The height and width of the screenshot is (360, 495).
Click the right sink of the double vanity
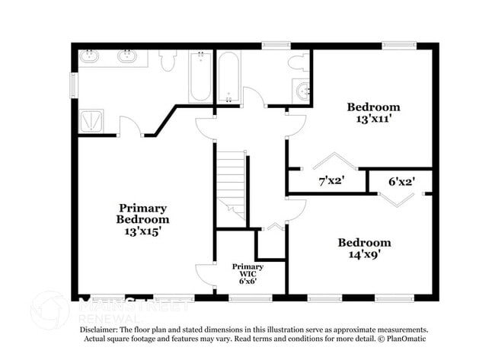tap(126, 56)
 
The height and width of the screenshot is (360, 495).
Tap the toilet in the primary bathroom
tap(167, 59)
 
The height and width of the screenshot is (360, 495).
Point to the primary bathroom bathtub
tap(200, 77)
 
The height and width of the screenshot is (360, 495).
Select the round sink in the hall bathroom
tap(303, 91)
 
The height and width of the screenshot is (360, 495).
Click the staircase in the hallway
tap(230, 186)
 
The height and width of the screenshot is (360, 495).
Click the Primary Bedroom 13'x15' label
tap(142, 219)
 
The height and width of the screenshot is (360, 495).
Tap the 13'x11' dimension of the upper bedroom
tap(373, 119)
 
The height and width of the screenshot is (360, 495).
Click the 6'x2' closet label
tap(401, 182)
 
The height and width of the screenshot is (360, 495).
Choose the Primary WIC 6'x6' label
tap(248, 273)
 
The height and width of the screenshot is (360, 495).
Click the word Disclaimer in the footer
tap(104, 330)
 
